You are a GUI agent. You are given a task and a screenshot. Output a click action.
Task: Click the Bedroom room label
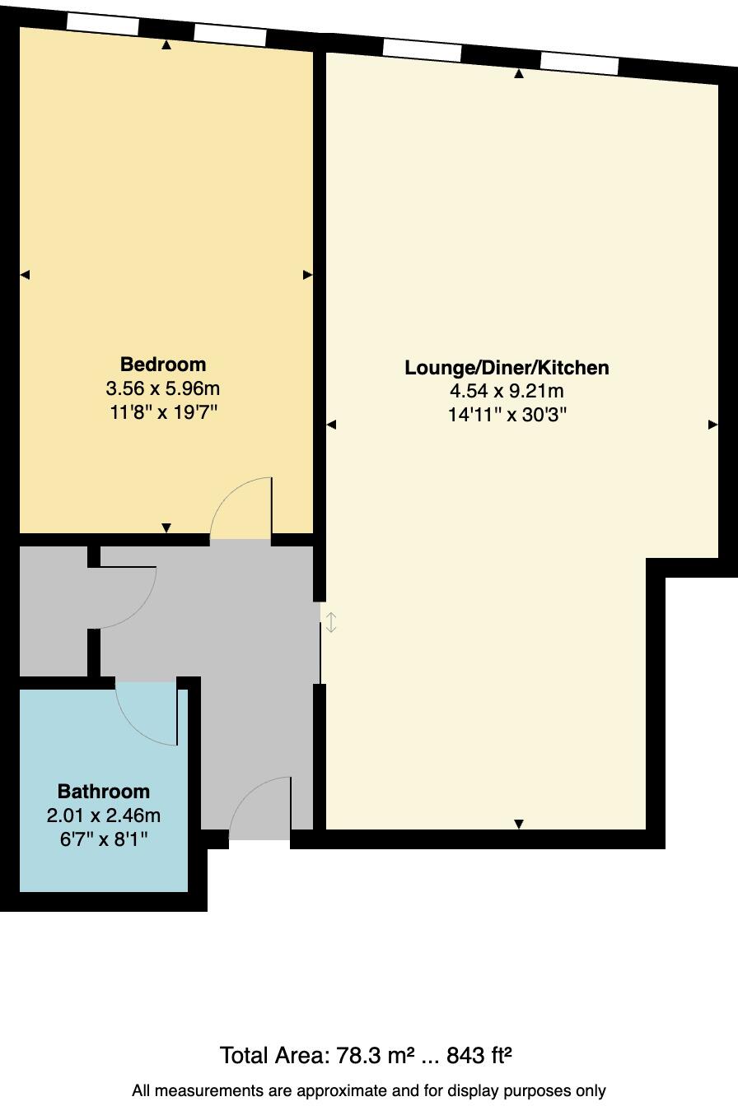[x=163, y=364]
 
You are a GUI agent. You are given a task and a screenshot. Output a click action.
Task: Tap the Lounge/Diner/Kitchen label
[x=507, y=367]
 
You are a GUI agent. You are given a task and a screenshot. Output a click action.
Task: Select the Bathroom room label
[x=104, y=791]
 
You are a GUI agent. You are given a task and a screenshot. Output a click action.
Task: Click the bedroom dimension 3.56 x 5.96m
[x=163, y=388]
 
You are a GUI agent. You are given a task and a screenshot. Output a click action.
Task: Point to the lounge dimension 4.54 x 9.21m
[x=507, y=391]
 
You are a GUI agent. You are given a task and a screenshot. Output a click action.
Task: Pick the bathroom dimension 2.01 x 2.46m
[x=104, y=816]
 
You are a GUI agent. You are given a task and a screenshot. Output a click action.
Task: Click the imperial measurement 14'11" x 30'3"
[x=507, y=415]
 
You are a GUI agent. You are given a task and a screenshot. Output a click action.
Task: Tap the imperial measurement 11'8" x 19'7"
[x=163, y=411]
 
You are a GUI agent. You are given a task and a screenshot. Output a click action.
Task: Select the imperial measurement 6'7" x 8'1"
[x=104, y=839]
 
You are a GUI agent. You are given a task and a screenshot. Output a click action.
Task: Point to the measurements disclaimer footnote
[x=369, y=1091]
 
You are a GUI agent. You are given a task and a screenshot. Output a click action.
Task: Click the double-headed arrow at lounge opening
[x=331, y=622]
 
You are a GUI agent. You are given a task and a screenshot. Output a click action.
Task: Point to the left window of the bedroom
[x=102, y=25]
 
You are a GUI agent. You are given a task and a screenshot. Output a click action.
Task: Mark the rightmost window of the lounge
[x=579, y=63]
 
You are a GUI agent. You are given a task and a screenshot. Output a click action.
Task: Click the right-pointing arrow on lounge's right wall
[x=712, y=425]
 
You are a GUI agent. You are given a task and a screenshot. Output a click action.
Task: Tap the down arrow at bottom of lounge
[x=519, y=824]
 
